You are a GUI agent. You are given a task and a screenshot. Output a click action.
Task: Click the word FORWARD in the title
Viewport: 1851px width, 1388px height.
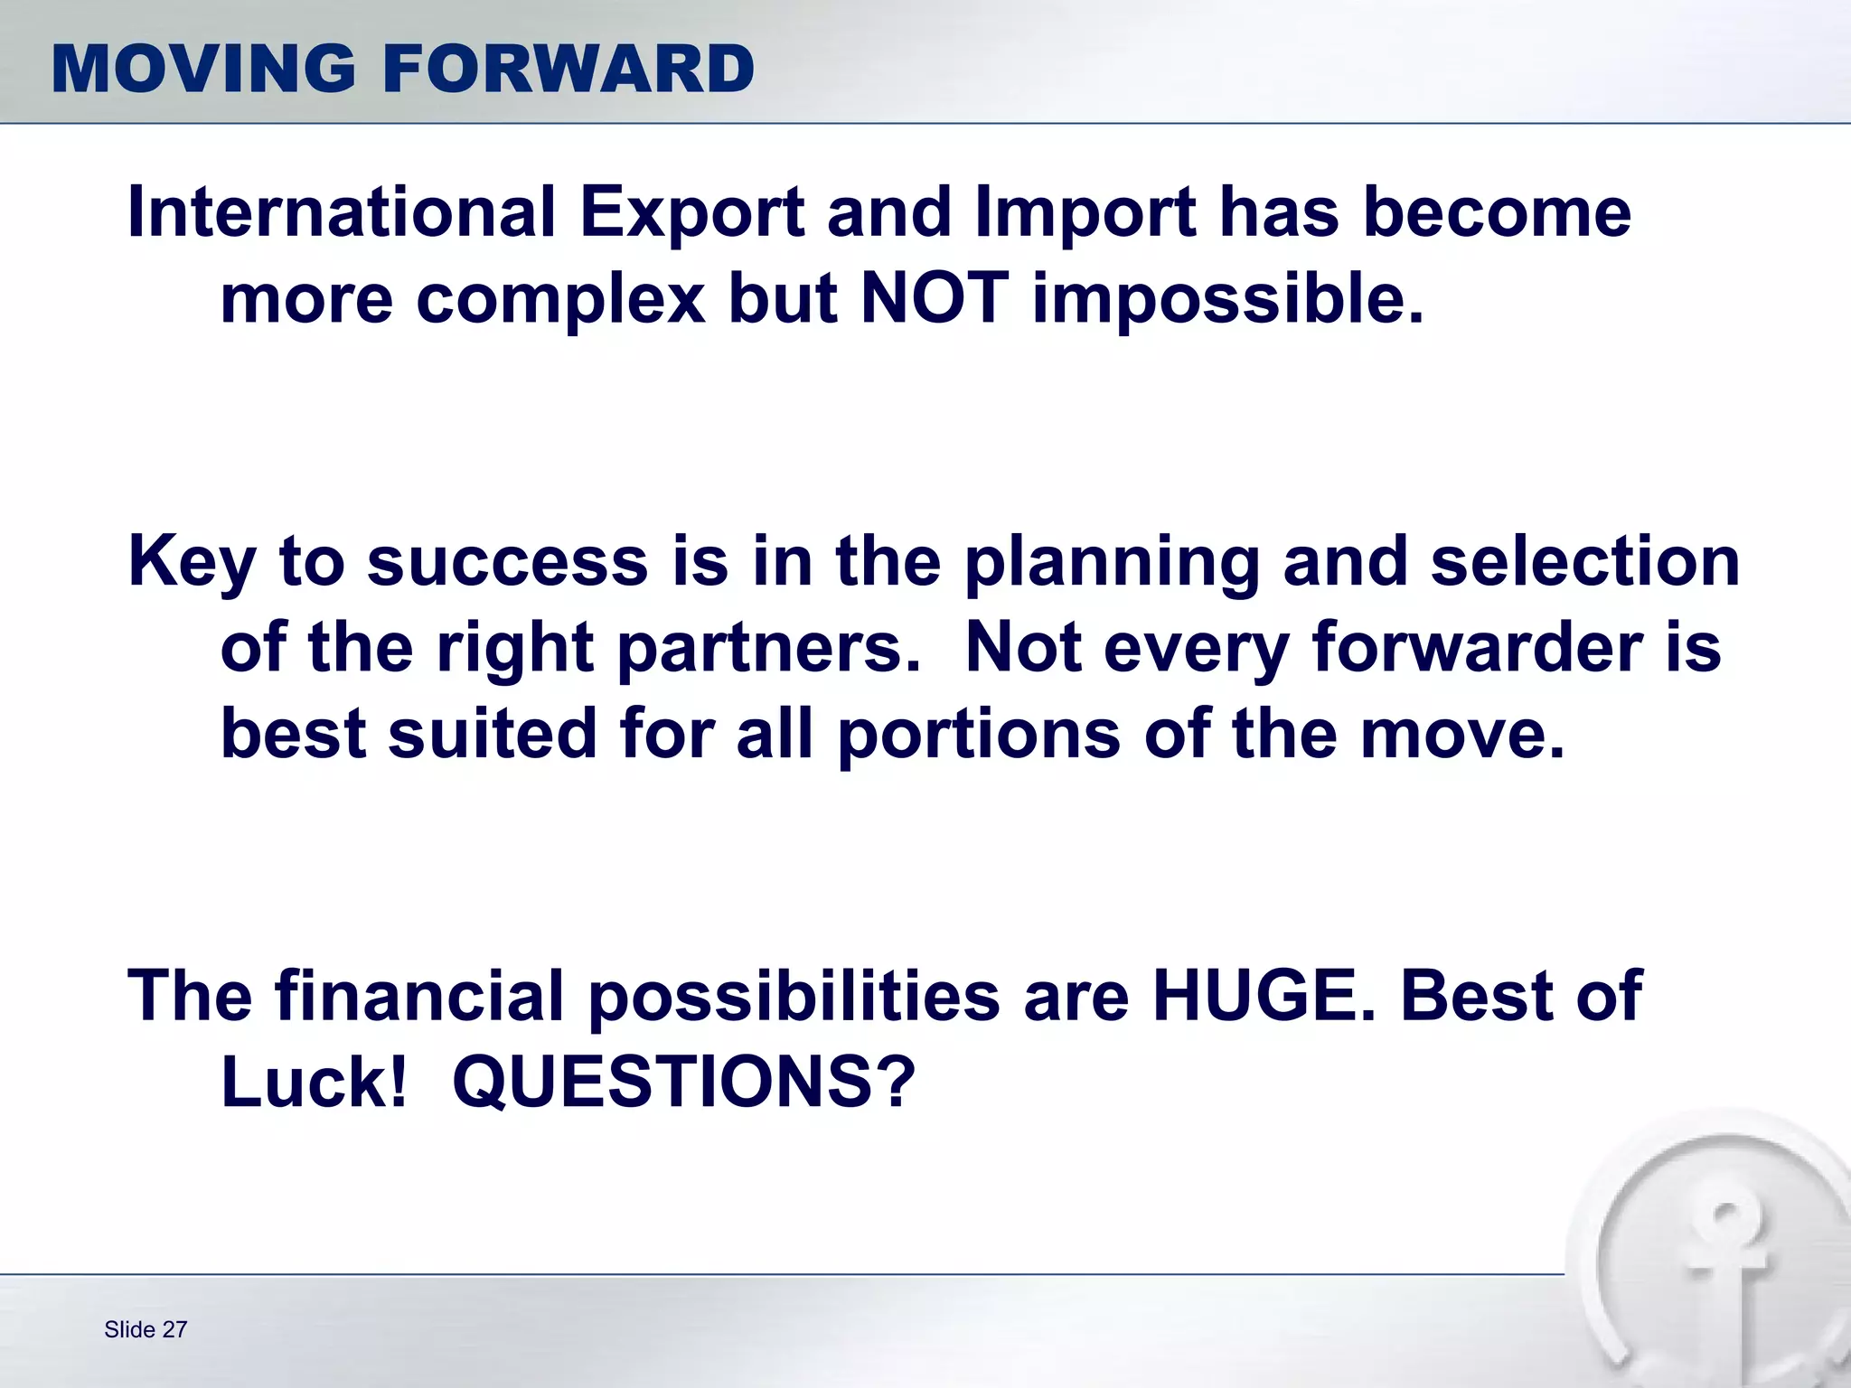pyautogui.click(x=568, y=70)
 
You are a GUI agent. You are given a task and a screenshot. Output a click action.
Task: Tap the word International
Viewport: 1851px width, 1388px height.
pyautogui.click(x=342, y=213)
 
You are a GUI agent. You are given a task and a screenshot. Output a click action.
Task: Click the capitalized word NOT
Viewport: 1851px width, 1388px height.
pyautogui.click(x=935, y=298)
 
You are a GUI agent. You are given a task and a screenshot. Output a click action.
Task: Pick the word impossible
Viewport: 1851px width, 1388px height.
pyautogui.click(x=1228, y=300)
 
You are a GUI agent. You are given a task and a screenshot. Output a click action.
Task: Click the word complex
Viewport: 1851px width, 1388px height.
pyautogui.click(x=560, y=300)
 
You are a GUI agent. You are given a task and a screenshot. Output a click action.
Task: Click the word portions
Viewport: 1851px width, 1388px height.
pyautogui.click(x=979, y=734)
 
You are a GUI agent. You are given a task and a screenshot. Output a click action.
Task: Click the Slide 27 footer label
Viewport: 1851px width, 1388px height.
pyautogui.click(x=146, y=1329)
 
